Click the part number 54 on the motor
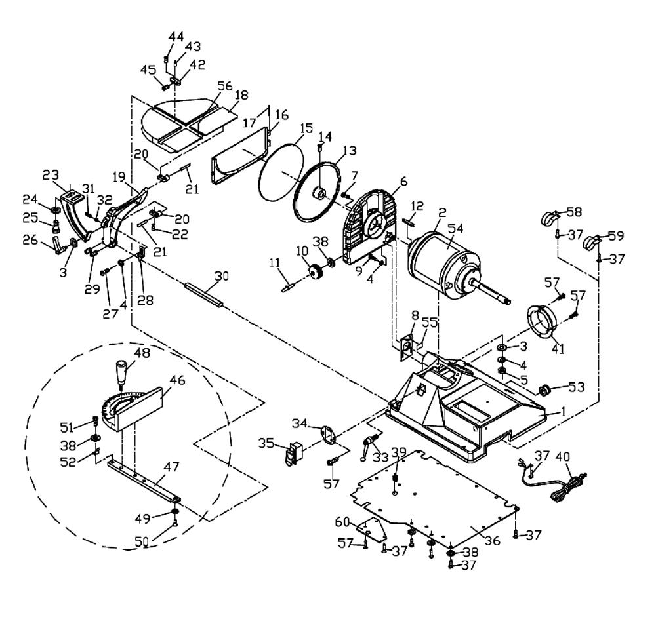coord(455,229)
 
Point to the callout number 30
coord(222,276)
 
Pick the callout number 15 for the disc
coord(306,128)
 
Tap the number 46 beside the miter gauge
coord(177,380)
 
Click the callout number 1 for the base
coord(563,412)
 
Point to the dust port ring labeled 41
coord(543,321)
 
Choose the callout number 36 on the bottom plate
coord(493,540)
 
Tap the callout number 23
coord(51,175)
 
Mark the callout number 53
coord(577,387)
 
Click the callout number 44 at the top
coord(176,37)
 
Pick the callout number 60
coord(342,522)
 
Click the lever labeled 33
coord(368,446)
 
